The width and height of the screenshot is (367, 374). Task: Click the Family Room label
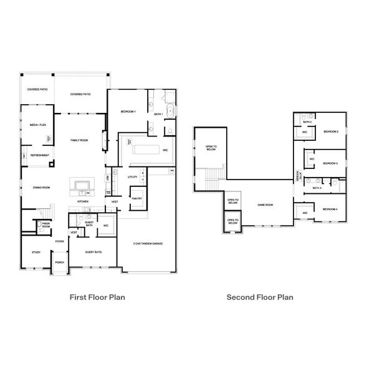click(x=79, y=141)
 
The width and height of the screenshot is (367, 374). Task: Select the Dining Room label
click(x=41, y=187)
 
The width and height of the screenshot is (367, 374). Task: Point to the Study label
click(x=36, y=252)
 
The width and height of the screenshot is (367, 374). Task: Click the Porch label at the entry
click(x=59, y=262)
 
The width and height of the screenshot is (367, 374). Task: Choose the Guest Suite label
click(x=93, y=252)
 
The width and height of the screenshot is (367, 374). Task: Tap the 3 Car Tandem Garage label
click(x=148, y=243)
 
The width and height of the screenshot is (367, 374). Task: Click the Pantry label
click(x=136, y=198)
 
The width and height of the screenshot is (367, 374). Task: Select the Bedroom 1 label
click(x=128, y=111)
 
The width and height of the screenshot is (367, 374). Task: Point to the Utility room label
click(x=132, y=177)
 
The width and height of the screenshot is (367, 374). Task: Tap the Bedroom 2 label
click(x=330, y=132)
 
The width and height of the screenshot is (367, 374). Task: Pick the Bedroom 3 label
click(x=330, y=163)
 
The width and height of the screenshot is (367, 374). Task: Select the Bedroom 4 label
click(x=330, y=209)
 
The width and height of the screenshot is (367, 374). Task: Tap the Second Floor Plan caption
click(x=260, y=297)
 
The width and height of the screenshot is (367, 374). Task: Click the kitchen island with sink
click(x=82, y=185)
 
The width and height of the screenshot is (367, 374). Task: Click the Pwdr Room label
click(x=45, y=223)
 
